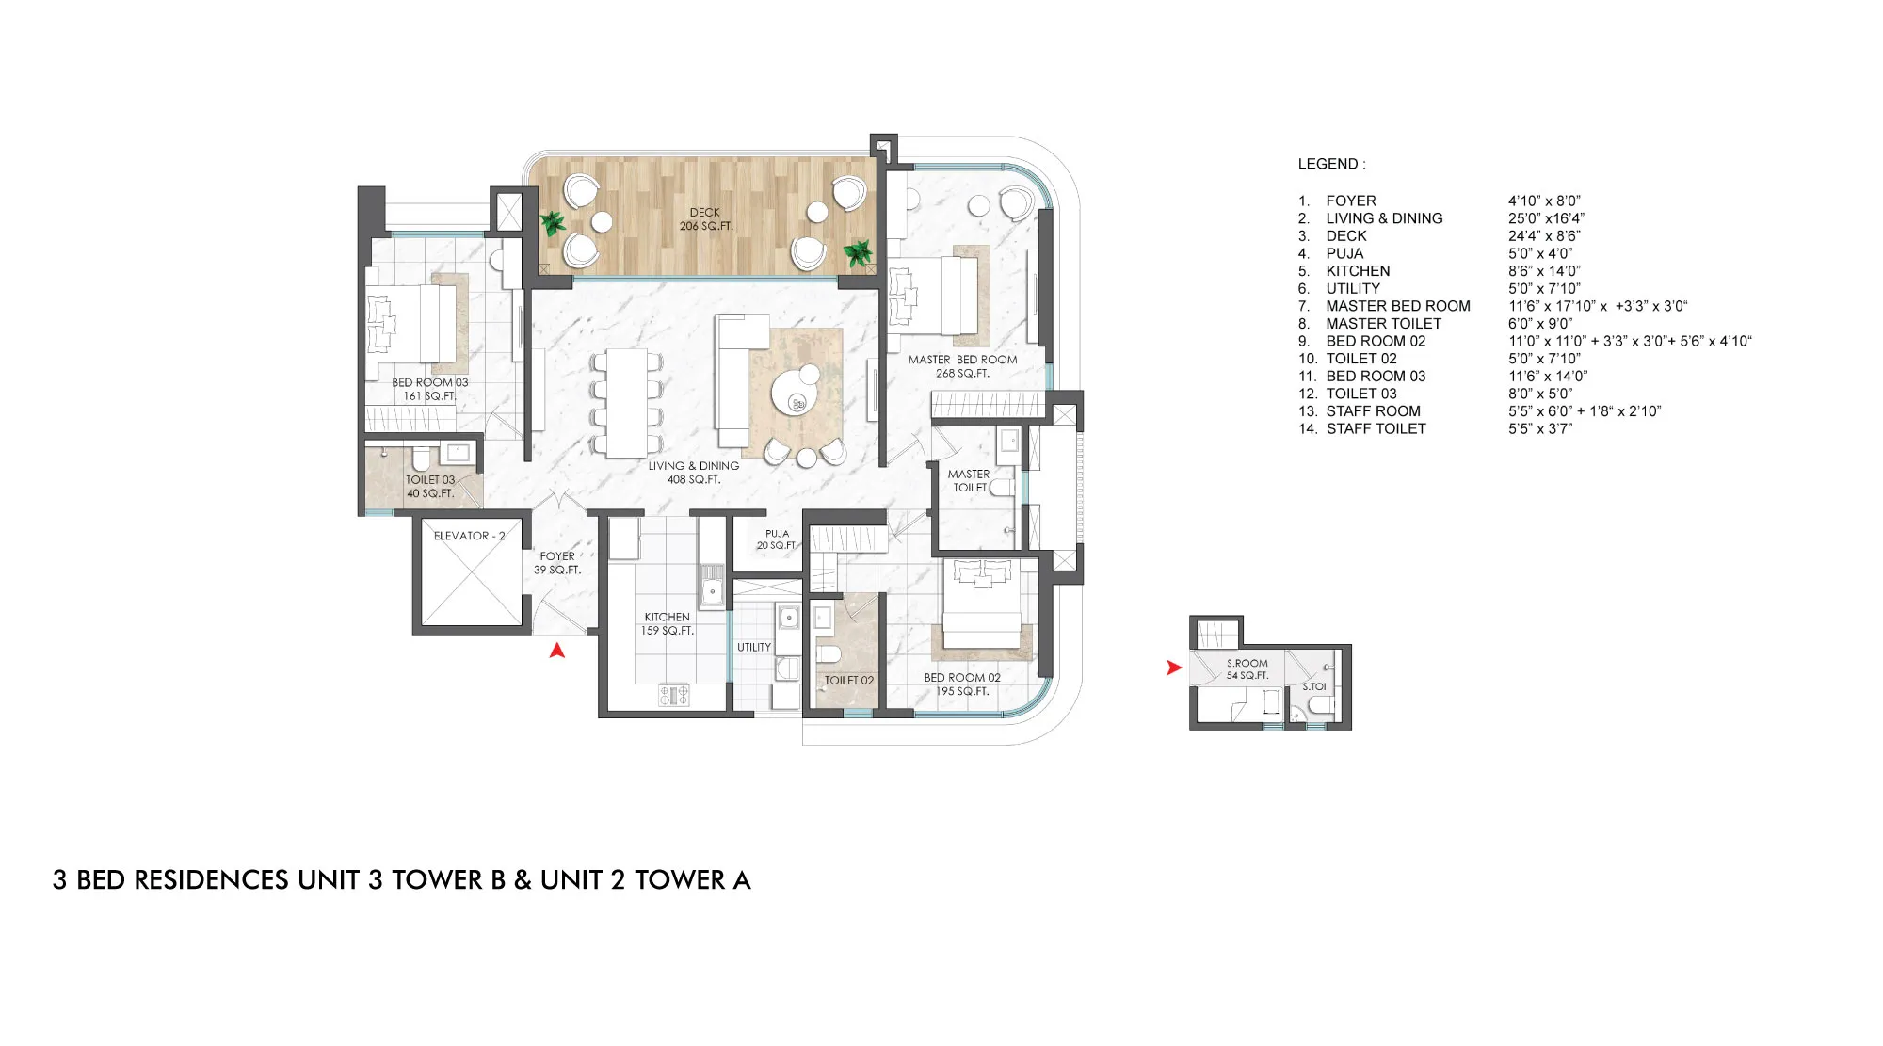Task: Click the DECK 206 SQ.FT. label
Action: (705, 219)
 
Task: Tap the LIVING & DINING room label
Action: (694, 473)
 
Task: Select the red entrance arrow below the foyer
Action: (557, 650)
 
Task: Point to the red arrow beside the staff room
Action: (1173, 668)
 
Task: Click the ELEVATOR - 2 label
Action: (469, 536)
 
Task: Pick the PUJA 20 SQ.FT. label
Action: (777, 539)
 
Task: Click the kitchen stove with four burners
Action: (673, 695)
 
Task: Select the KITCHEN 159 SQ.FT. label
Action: (667, 624)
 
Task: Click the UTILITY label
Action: (754, 648)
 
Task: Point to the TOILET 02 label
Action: (848, 681)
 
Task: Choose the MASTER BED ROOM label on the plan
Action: (962, 366)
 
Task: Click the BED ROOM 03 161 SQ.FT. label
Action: (429, 389)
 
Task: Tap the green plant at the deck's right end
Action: (858, 252)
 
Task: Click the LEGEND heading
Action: (1331, 164)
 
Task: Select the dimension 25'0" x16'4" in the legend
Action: (1546, 218)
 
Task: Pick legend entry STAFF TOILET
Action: (1376, 428)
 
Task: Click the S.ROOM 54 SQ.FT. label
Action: (1247, 669)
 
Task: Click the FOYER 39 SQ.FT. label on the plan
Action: (557, 563)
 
